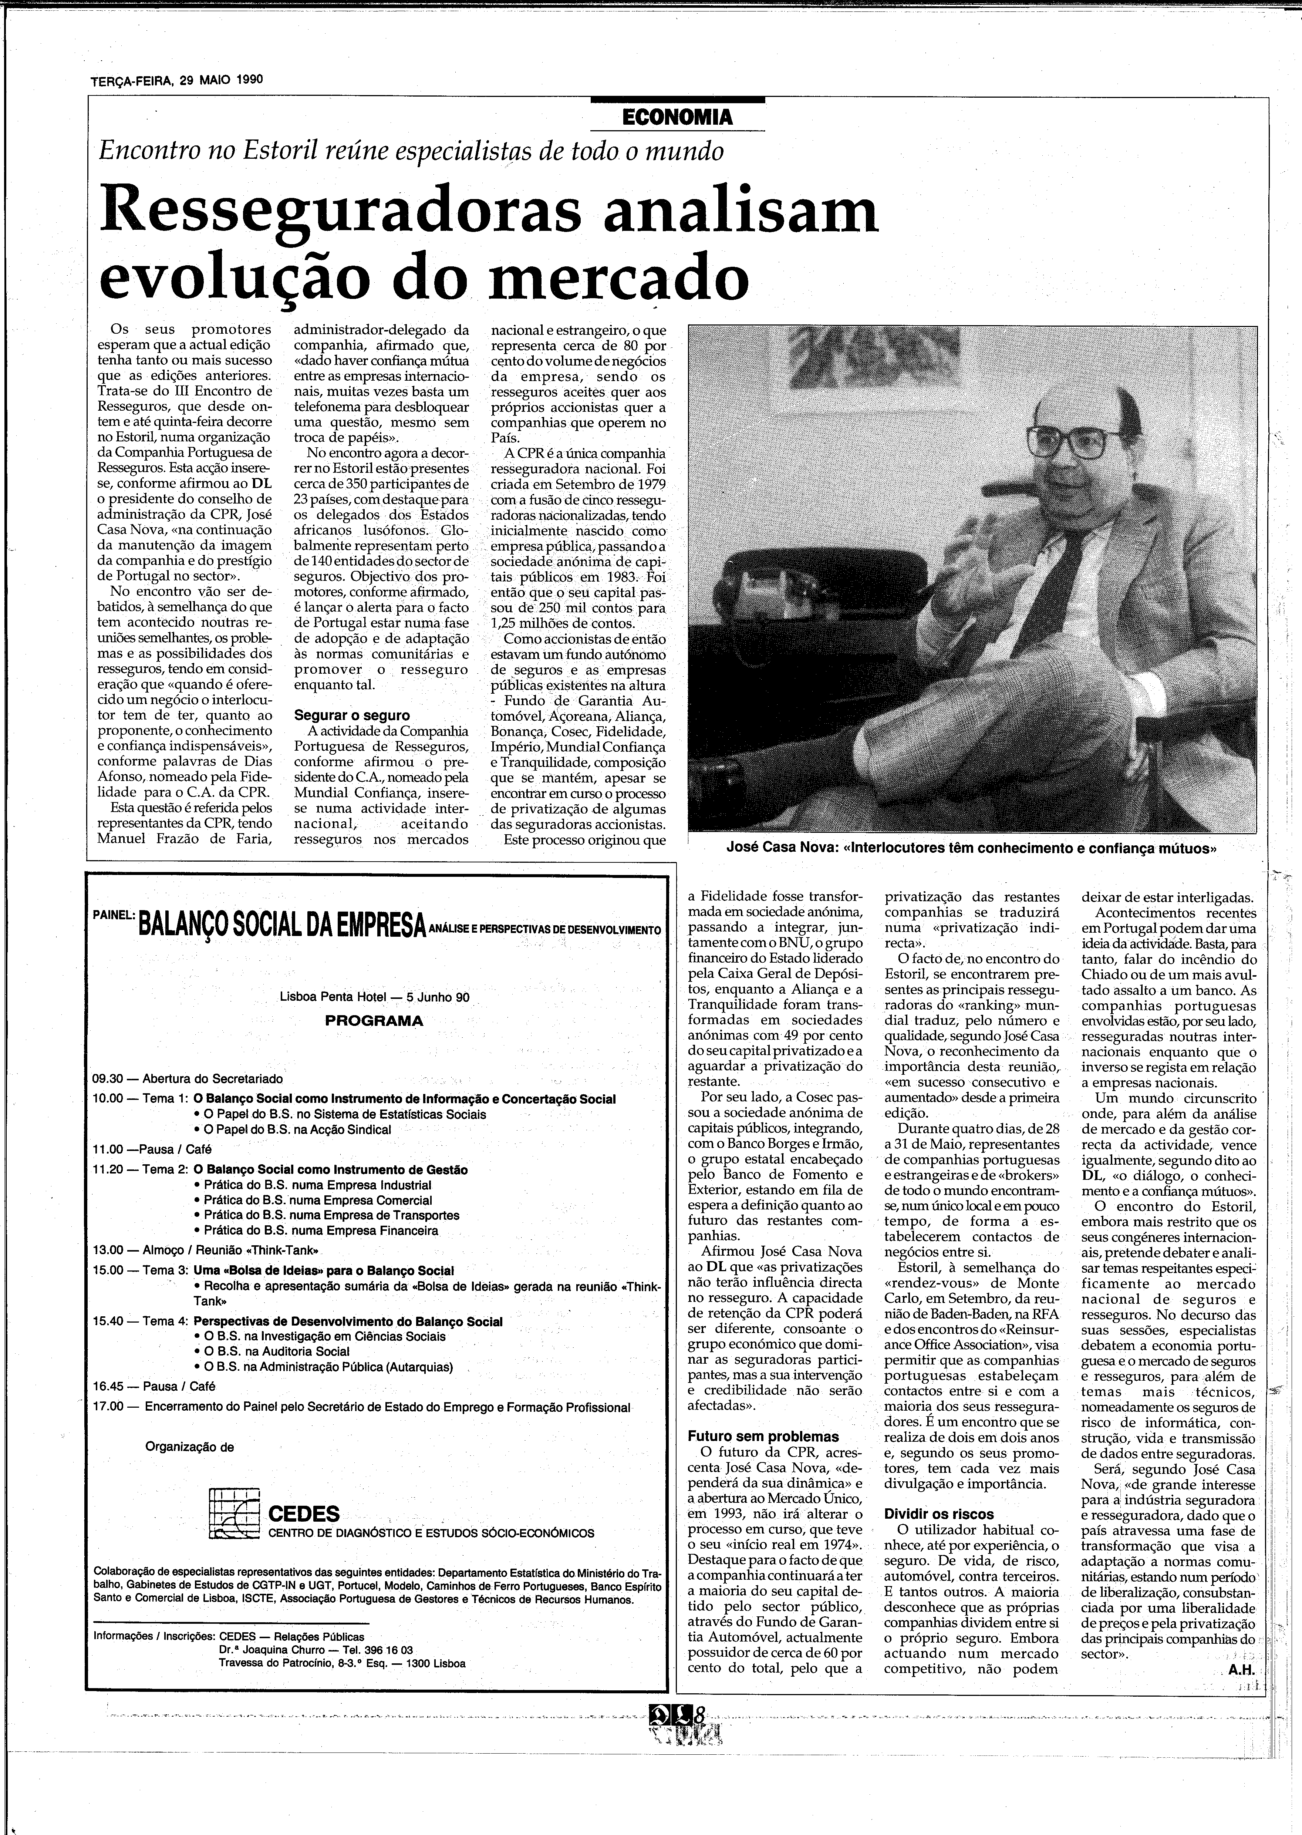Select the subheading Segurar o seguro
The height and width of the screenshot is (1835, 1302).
click(351, 715)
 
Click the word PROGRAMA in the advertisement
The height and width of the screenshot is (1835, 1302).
click(374, 1020)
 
